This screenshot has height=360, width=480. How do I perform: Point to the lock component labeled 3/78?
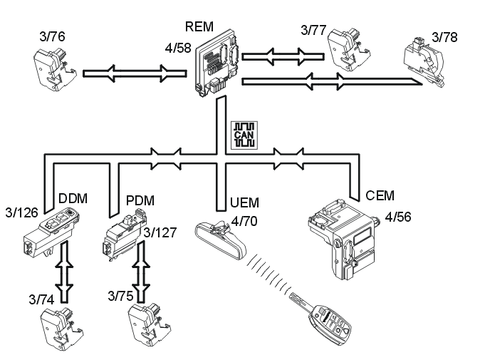click(x=426, y=58)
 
